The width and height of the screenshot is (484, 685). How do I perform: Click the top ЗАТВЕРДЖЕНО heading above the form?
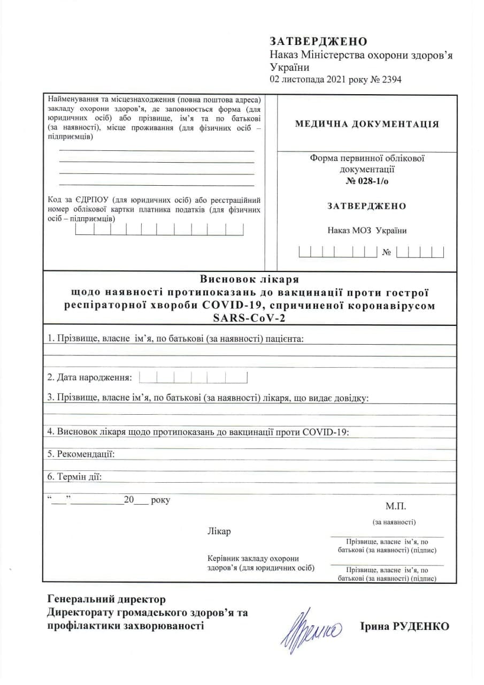tap(319, 42)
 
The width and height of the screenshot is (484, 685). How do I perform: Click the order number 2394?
tap(390, 80)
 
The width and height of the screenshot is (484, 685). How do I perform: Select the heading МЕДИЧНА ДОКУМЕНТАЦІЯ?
tap(367, 124)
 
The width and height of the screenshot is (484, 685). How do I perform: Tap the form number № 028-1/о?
tap(366, 180)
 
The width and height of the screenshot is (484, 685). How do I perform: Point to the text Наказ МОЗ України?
tap(367, 231)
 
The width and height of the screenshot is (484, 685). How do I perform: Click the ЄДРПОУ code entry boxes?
tap(159, 230)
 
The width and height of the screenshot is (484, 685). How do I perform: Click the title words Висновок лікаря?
tap(249, 279)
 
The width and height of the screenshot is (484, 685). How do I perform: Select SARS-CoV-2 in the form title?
tap(249, 318)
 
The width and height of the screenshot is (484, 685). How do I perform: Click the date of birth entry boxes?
tap(193, 378)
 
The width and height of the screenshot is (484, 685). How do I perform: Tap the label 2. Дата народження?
tap(89, 378)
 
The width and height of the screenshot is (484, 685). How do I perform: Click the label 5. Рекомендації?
tap(81, 454)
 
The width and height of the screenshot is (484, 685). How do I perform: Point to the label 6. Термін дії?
tap(74, 477)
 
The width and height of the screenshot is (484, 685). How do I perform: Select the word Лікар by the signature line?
tap(219, 532)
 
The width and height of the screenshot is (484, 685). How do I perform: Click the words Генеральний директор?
tap(106, 599)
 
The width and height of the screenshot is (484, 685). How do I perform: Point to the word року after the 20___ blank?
tap(160, 500)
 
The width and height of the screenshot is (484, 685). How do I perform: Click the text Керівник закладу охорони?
tap(252, 558)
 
